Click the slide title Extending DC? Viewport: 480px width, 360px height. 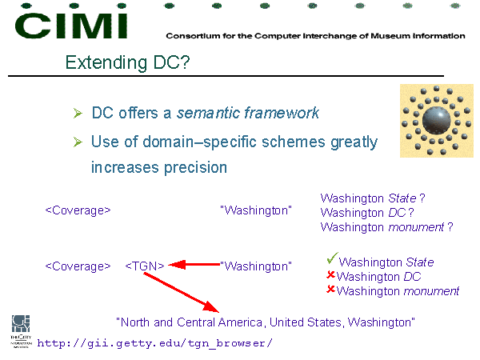[x=127, y=62]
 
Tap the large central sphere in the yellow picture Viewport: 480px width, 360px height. [x=436, y=121]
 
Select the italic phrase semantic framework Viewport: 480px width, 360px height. [x=248, y=113]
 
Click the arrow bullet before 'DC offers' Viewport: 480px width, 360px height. [x=78, y=114]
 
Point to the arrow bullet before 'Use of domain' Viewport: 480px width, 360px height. [x=78, y=142]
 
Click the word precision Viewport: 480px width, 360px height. [x=195, y=168]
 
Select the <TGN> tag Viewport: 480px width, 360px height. [x=145, y=266]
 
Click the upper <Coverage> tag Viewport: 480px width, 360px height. [x=78, y=210]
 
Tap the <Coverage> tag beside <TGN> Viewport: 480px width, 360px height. [x=78, y=266]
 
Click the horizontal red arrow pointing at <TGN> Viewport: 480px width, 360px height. [x=194, y=265]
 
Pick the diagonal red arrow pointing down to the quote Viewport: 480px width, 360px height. [x=182, y=293]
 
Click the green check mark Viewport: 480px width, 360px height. [x=332, y=258]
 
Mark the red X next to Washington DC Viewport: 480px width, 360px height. [x=330, y=275]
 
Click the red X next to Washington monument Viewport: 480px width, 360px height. [x=330, y=289]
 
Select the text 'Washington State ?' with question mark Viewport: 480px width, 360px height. [x=373, y=198]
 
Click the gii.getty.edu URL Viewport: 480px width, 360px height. [x=154, y=343]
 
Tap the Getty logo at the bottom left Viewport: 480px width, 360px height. [x=21, y=331]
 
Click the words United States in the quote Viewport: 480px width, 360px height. [x=306, y=322]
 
